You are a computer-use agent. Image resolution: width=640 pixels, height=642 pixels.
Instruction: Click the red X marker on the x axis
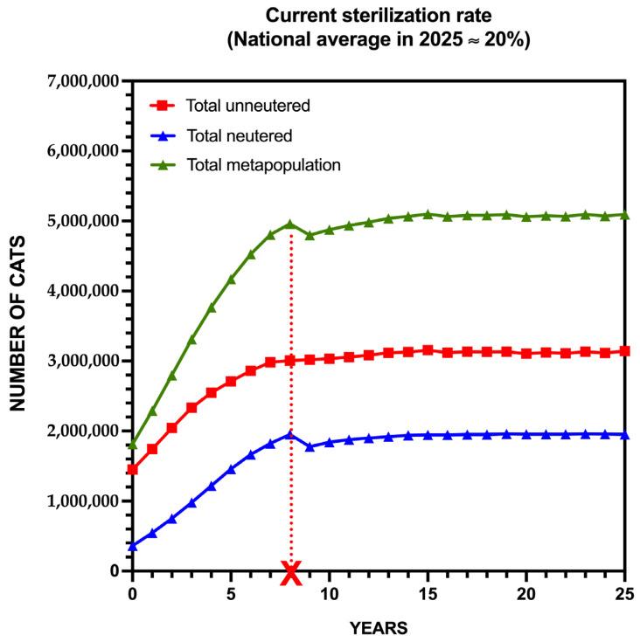(291, 573)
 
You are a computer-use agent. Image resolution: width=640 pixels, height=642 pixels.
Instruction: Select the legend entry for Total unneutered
(248, 107)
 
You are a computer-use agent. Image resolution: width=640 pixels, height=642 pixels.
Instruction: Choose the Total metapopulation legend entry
(262, 164)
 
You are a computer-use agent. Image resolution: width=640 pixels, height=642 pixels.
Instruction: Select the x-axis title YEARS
(378, 628)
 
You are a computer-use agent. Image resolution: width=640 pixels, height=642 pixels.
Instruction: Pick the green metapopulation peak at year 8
(290, 224)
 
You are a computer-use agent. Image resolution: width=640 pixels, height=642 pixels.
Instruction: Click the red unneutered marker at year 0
(133, 470)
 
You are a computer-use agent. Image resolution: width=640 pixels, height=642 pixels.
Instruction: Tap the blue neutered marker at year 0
(133, 546)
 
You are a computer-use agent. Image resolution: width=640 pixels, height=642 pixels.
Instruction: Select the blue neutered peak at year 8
(290, 434)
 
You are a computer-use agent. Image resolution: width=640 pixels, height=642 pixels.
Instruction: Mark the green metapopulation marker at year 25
(624, 214)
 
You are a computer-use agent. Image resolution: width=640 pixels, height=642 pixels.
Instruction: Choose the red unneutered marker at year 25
(624, 351)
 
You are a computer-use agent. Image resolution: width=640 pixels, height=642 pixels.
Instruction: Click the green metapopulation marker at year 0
(133, 445)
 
